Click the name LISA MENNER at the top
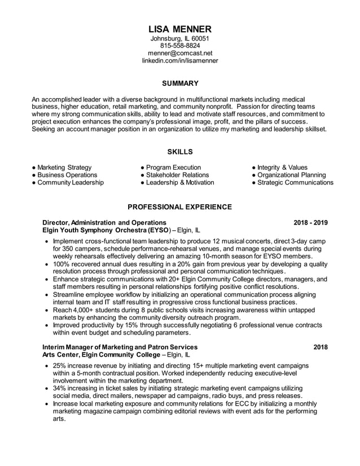180,29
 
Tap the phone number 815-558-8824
180,46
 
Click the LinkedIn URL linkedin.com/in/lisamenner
180,60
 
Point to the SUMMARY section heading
180,83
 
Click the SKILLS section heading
180,152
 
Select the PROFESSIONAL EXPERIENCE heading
180,207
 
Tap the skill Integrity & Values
282,168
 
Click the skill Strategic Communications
295,183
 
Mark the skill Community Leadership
70,183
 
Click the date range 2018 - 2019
310,222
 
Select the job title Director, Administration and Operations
104,222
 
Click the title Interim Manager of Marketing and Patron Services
120,346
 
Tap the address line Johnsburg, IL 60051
180,38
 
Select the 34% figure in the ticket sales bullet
60,388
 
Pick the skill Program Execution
173,168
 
